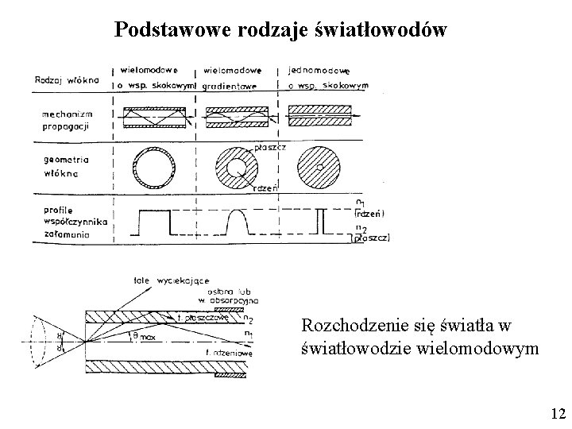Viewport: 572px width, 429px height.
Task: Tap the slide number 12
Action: (x=557, y=413)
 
